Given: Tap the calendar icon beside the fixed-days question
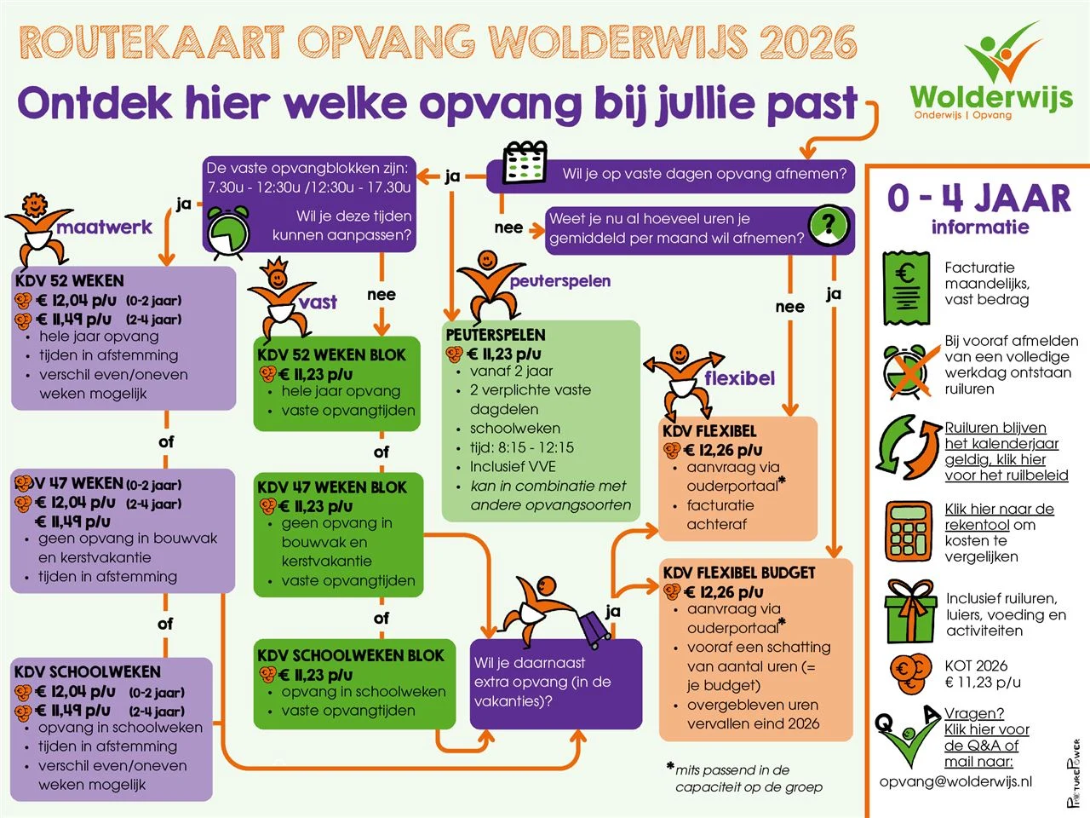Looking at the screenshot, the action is click(x=525, y=164).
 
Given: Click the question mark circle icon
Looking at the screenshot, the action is click(x=829, y=225).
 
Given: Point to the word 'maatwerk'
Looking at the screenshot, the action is click(x=104, y=227).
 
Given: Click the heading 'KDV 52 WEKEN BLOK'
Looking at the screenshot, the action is click(x=331, y=354).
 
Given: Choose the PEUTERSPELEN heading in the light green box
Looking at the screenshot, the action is click(x=495, y=335).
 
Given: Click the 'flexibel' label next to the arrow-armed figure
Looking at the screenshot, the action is click(x=739, y=378).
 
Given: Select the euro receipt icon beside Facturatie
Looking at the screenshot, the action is click(x=906, y=288).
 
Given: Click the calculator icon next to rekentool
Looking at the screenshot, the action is click(x=909, y=531).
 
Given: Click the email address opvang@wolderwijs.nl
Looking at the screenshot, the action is click(x=955, y=781).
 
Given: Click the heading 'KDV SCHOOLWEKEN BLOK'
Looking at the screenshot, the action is click(x=350, y=655).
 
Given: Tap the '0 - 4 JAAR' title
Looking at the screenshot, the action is click(x=978, y=198).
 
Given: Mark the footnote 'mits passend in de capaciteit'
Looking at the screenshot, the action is click(x=744, y=778).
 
